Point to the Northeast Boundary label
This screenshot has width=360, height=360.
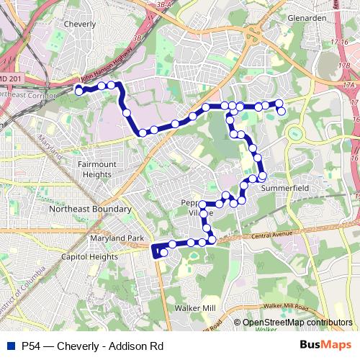[90, 210]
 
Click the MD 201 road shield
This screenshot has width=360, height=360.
[10, 78]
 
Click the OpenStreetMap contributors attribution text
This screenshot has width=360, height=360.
[297, 323]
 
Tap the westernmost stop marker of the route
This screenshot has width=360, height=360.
[78, 91]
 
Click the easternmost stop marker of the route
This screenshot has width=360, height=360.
[282, 111]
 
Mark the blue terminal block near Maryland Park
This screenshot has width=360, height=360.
[156, 251]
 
